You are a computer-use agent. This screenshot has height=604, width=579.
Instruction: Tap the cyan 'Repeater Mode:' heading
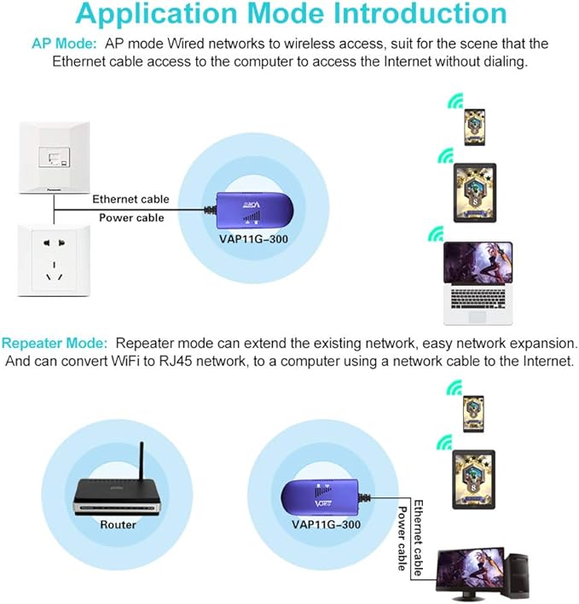55,343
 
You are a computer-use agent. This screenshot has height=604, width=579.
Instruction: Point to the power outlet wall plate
54,259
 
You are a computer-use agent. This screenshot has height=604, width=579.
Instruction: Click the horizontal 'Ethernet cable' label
130,199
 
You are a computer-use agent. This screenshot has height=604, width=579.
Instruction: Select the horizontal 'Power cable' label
131,218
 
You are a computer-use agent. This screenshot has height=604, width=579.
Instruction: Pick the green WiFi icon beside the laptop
436,234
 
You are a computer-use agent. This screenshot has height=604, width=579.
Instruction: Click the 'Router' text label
118,525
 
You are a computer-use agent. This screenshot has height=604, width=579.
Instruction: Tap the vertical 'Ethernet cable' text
418,537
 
